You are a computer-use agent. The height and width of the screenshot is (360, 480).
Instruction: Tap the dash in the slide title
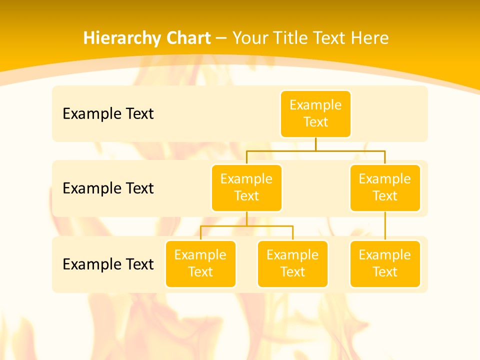[x=221, y=38]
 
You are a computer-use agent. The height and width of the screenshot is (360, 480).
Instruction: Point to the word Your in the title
[x=250, y=38]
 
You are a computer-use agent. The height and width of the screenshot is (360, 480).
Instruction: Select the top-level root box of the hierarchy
[x=315, y=114]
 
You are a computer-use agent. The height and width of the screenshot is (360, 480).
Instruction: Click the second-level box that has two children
[x=246, y=188]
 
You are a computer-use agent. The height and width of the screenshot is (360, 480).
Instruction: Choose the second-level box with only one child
[x=385, y=188]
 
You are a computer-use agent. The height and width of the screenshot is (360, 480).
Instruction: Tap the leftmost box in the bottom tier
[x=200, y=264]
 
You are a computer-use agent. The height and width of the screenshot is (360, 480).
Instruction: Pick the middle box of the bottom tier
[x=292, y=264]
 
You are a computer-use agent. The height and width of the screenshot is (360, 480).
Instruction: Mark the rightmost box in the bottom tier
[x=385, y=264]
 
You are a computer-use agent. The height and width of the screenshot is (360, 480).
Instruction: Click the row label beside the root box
[x=108, y=114]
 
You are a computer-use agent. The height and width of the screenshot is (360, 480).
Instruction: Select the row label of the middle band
[x=108, y=188]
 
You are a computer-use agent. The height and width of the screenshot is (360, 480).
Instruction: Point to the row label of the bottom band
[x=108, y=264]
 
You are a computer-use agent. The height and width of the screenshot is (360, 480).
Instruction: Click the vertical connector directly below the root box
[x=315, y=144]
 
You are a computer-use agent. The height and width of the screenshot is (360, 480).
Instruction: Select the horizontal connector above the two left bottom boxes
[x=246, y=226]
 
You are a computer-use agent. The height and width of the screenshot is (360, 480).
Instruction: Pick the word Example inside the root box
[x=315, y=105]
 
